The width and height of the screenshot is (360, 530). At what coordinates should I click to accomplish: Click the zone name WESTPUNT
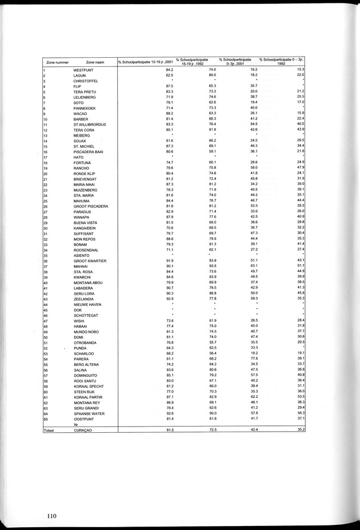pos(85,70)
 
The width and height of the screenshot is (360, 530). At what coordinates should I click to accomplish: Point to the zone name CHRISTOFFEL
pos(87,81)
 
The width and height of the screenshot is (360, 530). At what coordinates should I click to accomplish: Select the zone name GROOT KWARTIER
pos(91,260)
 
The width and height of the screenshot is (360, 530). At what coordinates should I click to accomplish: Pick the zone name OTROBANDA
pos(86,342)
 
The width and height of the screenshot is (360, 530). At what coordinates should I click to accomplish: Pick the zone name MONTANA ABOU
pos(90,282)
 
